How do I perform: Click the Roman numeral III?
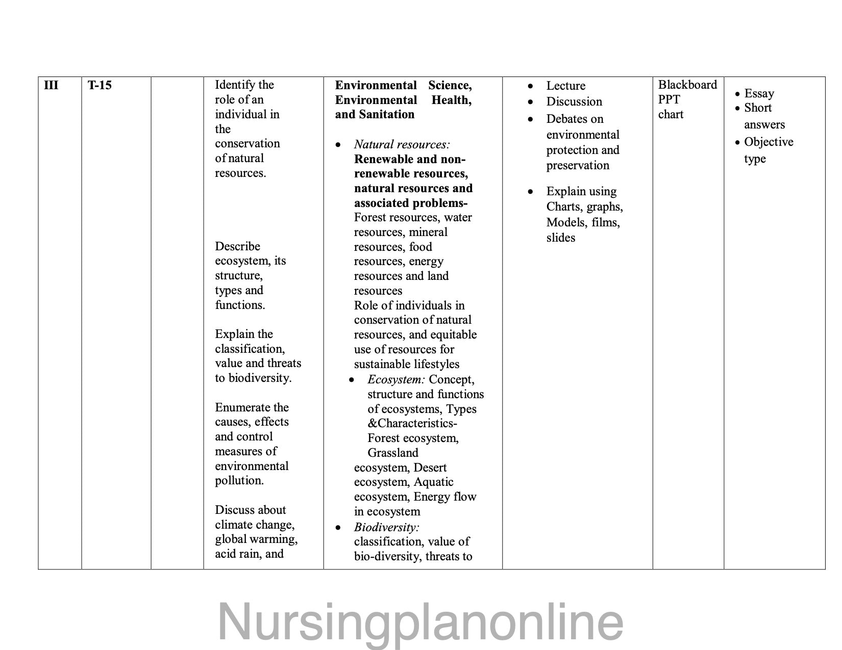(x=51, y=85)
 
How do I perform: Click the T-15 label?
(x=100, y=85)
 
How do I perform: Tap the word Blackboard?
(x=687, y=85)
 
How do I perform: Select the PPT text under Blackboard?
(x=669, y=99)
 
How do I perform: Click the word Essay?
(x=759, y=93)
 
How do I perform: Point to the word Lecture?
(x=565, y=86)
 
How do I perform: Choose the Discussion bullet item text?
(x=574, y=101)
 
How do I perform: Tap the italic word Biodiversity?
(x=386, y=527)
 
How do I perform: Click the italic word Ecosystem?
(x=396, y=379)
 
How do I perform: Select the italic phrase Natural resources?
(x=402, y=144)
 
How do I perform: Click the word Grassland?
(x=392, y=453)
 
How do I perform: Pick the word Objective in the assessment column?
(x=769, y=142)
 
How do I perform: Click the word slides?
(x=560, y=238)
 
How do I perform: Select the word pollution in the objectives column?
(x=239, y=480)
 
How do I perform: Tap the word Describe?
(x=237, y=246)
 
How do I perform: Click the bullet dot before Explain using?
(x=531, y=192)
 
